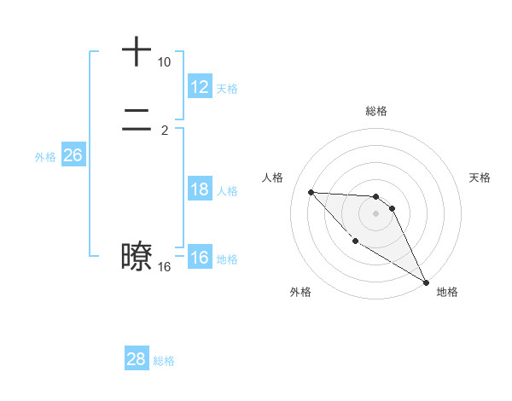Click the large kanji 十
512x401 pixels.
coord(137,51)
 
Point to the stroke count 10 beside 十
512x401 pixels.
coord(164,62)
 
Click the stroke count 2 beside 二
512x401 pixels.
coord(165,131)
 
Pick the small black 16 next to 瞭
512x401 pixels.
coord(164,267)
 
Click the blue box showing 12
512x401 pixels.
coord(200,87)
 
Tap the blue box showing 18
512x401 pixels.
coord(200,189)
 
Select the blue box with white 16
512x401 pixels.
coord(200,258)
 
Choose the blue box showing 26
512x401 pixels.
coord(73,155)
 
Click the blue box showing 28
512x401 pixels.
coord(136,359)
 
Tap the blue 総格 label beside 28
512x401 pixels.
coord(164,361)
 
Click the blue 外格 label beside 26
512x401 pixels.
coord(45,157)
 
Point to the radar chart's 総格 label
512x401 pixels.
coord(375,111)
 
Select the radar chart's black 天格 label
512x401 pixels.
coord(480,177)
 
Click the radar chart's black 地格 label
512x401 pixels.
coord(447,293)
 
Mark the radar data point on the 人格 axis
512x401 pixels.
coord(311,192)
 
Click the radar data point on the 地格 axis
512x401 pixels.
coord(428,283)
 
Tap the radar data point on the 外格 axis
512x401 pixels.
coord(355,241)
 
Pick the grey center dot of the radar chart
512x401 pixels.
coord(375,213)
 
